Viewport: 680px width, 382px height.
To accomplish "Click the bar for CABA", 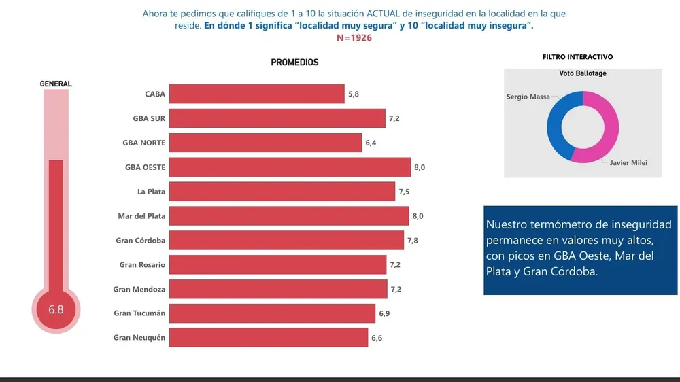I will (256, 94).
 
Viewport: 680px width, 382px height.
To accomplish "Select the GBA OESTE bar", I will (289, 167).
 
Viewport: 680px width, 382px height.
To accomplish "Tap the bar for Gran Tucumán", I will (272, 313).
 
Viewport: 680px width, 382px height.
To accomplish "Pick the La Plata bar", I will (282, 192).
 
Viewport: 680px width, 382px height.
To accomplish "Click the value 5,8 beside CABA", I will (354, 94).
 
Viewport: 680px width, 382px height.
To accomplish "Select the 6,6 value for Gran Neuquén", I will (377, 338).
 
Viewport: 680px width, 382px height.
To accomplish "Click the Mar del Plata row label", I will (141, 216).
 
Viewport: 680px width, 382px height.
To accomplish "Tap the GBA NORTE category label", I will (144, 143).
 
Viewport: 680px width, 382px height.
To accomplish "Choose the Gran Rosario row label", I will (142, 264).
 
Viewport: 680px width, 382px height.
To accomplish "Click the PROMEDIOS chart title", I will (294, 63).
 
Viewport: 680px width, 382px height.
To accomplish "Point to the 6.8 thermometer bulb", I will (56, 310).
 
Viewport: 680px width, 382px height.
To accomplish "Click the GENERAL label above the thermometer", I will (56, 84).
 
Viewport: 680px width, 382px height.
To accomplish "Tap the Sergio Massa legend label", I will (528, 97).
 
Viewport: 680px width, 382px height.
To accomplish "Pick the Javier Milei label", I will (629, 162).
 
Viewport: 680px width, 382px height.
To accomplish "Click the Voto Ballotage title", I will (583, 73).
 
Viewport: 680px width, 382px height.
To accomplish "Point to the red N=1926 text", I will (354, 38).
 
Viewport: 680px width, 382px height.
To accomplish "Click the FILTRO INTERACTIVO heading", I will (577, 58).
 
